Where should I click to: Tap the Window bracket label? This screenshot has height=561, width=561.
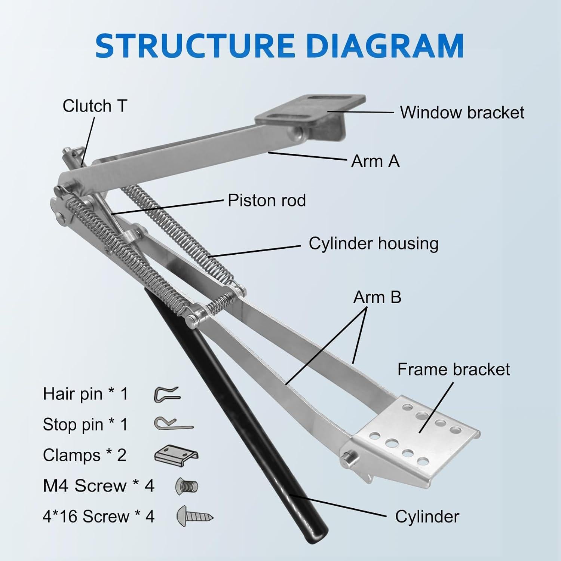pos(462,113)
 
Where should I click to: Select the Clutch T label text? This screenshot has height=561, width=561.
pos(95,106)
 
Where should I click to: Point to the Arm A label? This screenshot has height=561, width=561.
pos(375,161)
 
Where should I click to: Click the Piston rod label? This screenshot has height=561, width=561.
pos(267,200)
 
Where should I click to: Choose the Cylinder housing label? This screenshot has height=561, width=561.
pos(374,244)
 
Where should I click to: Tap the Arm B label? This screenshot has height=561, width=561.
pos(377,298)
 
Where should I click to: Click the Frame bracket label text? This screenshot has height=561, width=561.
pos(454,370)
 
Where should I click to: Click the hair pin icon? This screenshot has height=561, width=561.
pos(167,394)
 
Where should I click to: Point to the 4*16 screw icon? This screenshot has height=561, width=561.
pos(195,516)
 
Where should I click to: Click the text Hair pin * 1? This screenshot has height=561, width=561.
pos(86,394)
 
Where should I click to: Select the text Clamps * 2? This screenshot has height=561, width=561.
pos(85,456)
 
